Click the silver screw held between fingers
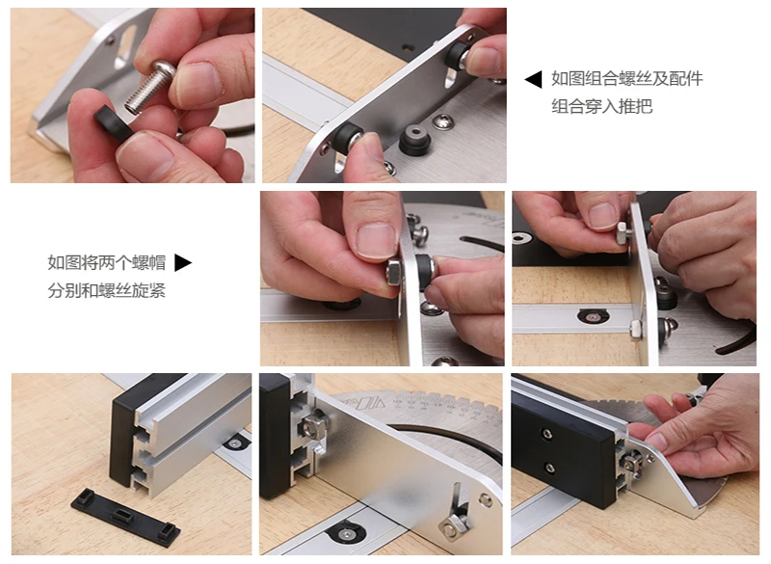pyautogui.click(x=148, y=86)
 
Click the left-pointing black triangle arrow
pyautogui.click(x=534, y=79)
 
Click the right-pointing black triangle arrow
pyautogui.click(x=183, y=262)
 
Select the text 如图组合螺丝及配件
pyautogui.click(x=627, y=79)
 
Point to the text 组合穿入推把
pyautogui.click(x=601, y=106)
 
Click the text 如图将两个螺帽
pyautogui.click(x=107, y=262)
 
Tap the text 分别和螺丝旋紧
pyautogui.click(x=107, y=290)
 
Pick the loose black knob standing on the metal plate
pyautogui.click(x=415, y=139)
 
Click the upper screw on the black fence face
pyautogui.click(x=546, y=433)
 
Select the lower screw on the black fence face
pyautogui.click(x=550, y=467)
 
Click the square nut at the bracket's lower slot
pyautogui.click(x=452, y=526)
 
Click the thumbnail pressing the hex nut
pyautogui.click(x=376, y=240)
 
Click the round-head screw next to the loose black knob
pyautogui.click(x=442, y=121)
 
